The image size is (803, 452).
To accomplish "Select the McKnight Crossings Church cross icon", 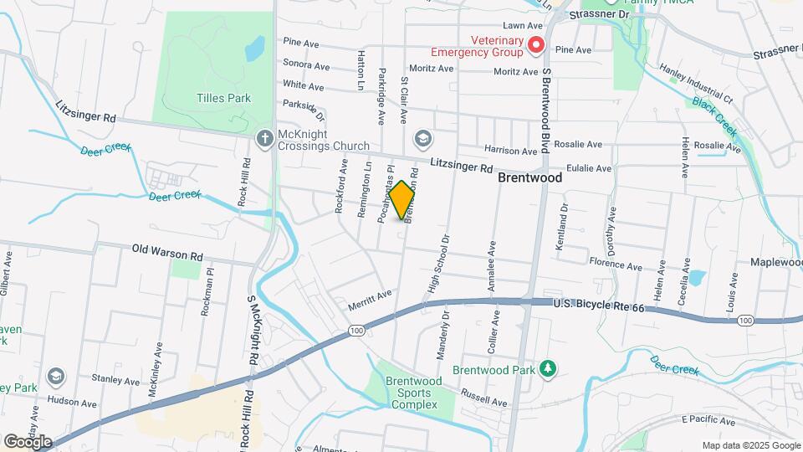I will (x=264, y=137).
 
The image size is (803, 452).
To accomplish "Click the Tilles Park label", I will (x=223, y=98).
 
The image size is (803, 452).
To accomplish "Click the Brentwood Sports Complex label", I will (x=411, y=393).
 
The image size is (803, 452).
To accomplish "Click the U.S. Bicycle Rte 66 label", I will (x=599, y=308).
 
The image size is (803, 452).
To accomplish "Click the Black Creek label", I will (x=714, y=116).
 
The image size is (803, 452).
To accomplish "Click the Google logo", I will (x=28, y=441).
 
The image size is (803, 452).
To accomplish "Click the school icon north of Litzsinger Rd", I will (x=423, y=137).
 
